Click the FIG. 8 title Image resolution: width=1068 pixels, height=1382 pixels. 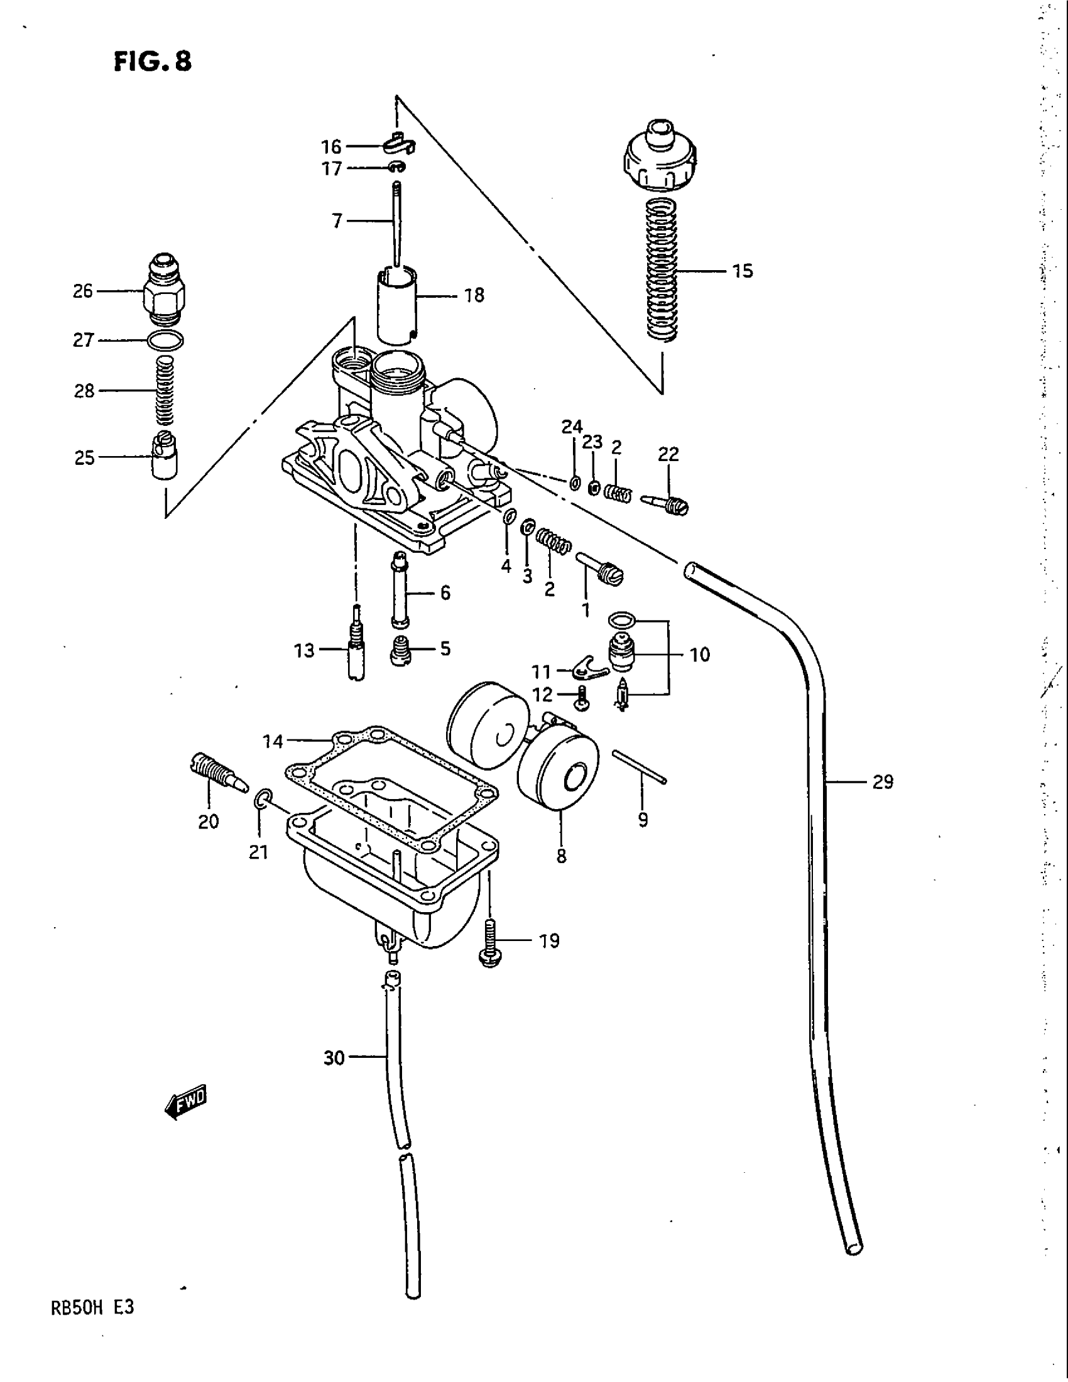pos(153,63)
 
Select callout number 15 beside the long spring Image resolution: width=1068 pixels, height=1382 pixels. pos(743,271)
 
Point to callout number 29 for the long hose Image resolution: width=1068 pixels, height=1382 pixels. pos(883,783)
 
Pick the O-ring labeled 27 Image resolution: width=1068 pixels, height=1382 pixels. pos(165,340)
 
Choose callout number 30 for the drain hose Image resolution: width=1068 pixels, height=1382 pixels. pos(334,1057)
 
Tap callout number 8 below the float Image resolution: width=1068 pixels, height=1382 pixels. pos(561,857)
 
